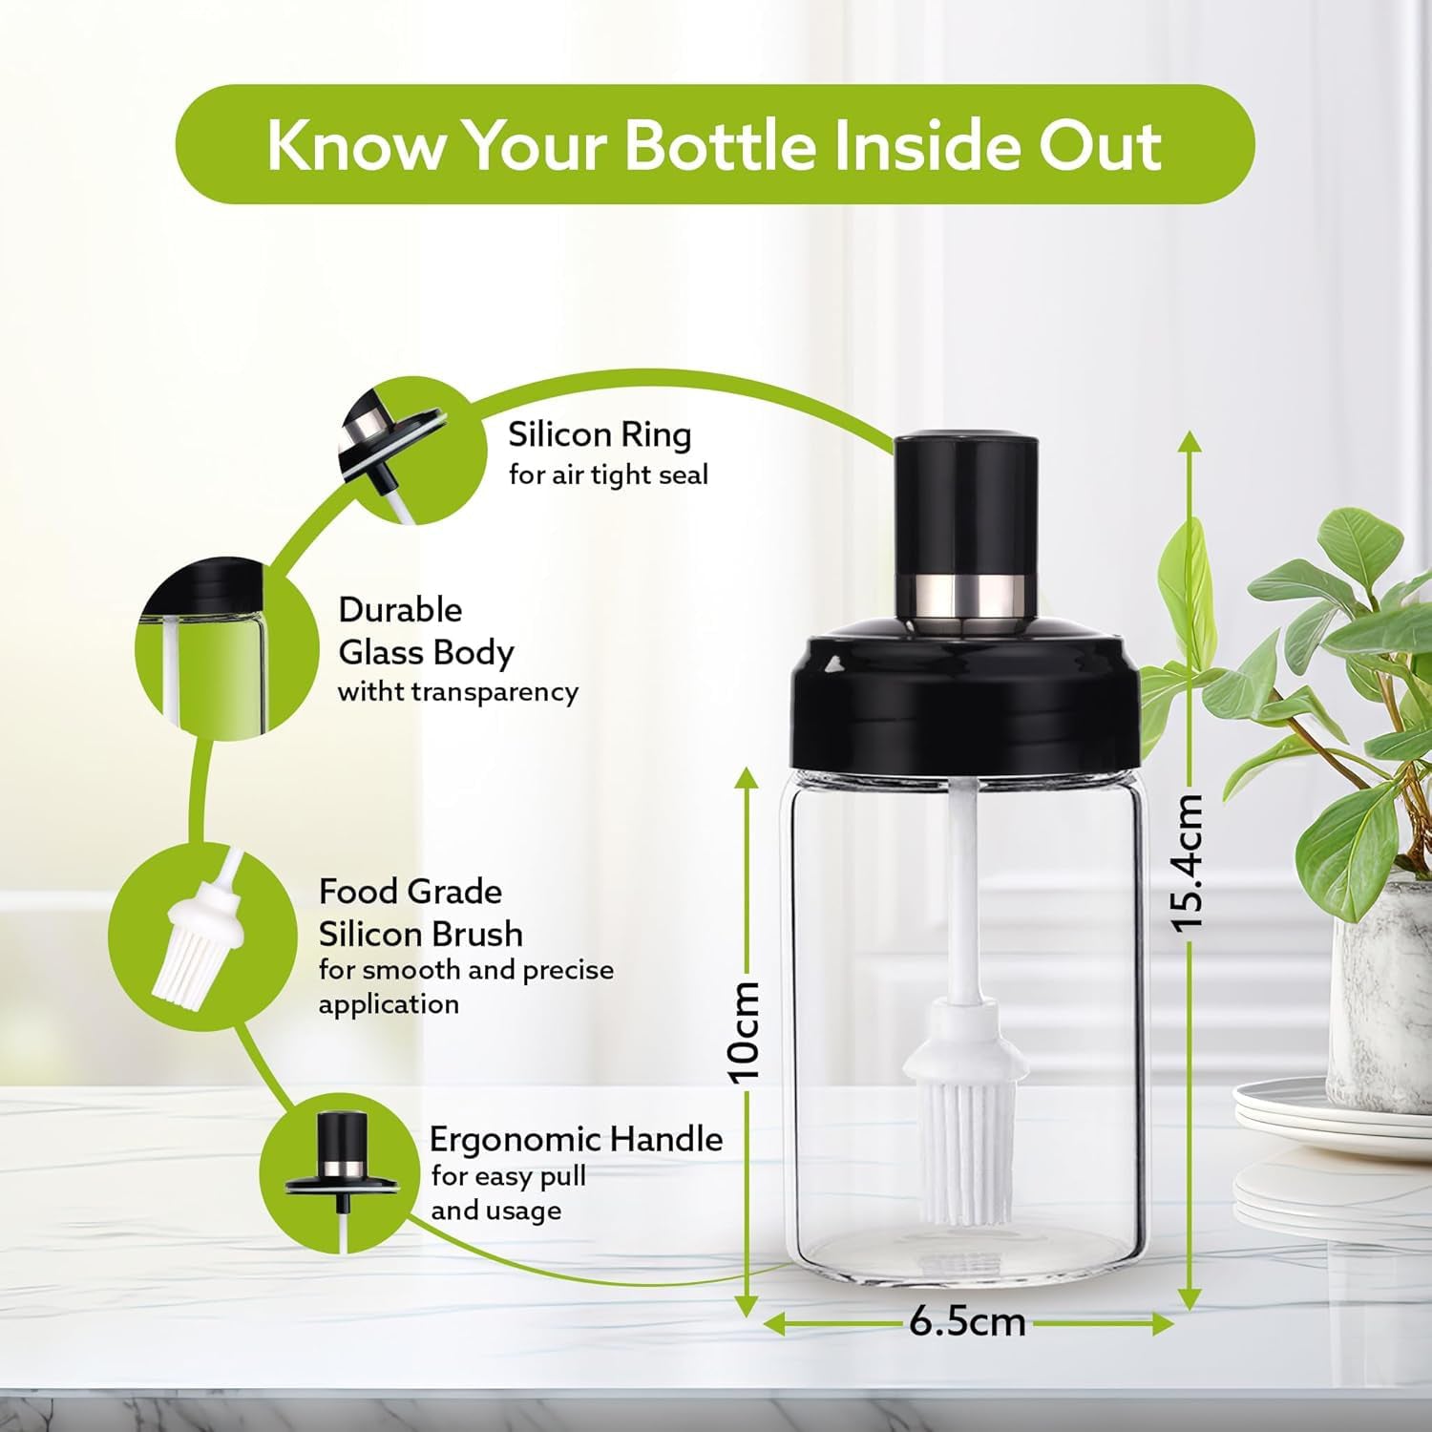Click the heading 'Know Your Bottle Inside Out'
pyautogui.click(x=714, y=144)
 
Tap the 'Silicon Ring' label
pyautogui.click(x=600, y=435)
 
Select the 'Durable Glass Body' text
pyautogui.click(x=426, y=631)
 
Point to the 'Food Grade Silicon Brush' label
pyautogui.click(x=420, y=913)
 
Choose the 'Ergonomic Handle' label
pyautogui.click(x=576, y=1140)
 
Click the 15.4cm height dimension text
pyautogui.click(x=1189, y=862)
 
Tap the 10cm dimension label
pyautogui.click(x=745, y=1031)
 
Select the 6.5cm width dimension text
pyautogui.click(x=967, y=1322)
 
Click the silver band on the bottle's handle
pyautogui.click(x=965, y=594)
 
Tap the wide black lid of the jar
pyautogui.click(x=965, y=702)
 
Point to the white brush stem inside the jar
pyautogui.click(x=959, y=888)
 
